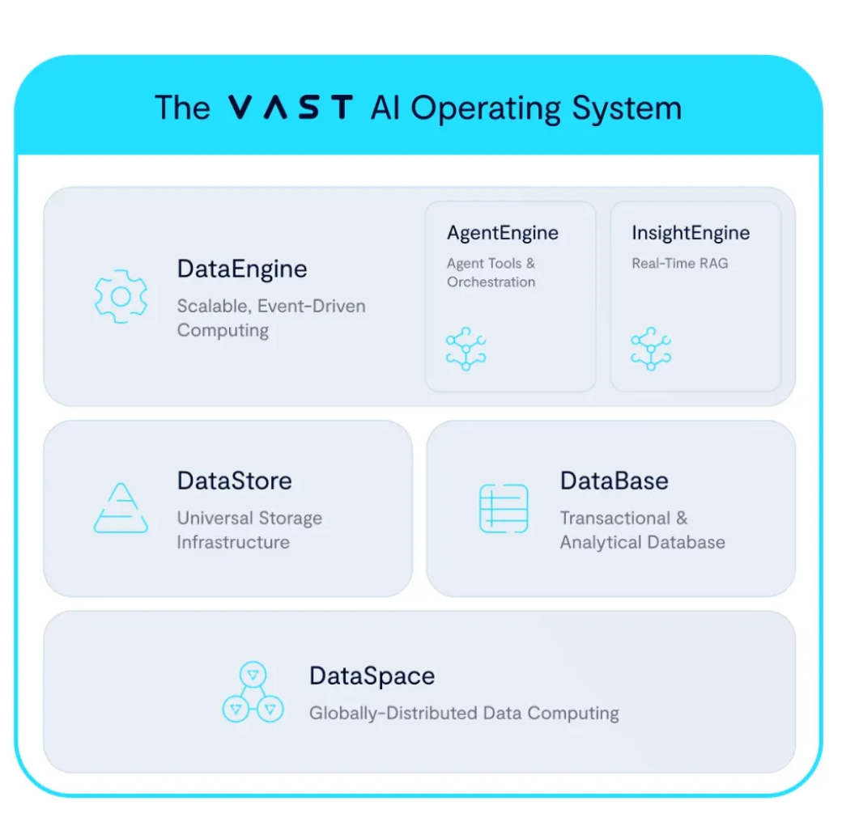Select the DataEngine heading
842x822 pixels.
point(242,269)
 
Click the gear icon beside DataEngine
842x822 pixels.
point(121,297)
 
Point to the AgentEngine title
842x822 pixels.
point(503,233)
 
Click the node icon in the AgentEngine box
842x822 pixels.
point(466,349)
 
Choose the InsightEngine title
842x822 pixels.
point(691,233)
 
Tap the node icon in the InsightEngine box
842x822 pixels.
point(651,349)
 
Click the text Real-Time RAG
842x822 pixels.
point(679,263)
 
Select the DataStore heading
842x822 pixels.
point(234,481)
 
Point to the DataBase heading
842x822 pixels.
point(614,481)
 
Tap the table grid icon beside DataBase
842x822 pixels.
point(504,508)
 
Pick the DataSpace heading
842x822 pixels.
point(372,676)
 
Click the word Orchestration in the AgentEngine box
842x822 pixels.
point(491,282)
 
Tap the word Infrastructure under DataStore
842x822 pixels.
point(233,542)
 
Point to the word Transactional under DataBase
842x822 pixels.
point(614,518)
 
